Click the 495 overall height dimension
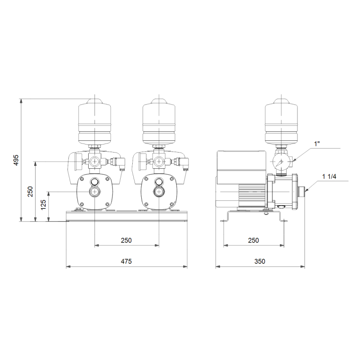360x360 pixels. tap(15, 161)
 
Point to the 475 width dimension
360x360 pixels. tap(126, 261)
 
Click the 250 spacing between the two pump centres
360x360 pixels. tap(126, 240)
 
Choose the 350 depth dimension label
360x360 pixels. tap(260, 261)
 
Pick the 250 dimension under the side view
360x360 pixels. tap(253, 240)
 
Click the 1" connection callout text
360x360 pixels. tap(317, 144)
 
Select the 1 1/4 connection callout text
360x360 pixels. tap(330, 176)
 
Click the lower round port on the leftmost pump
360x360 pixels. tap(95, 192)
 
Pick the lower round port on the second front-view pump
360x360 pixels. tap(158, 192)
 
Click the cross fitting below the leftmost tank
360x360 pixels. tap(95, 161)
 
